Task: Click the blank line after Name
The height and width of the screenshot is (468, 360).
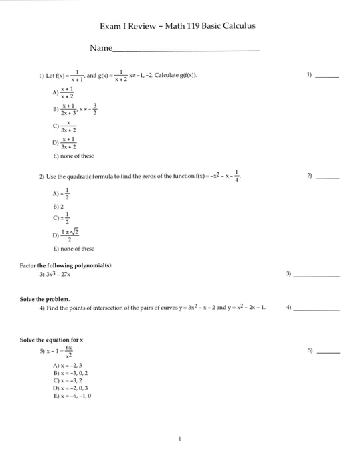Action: (187, 50)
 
